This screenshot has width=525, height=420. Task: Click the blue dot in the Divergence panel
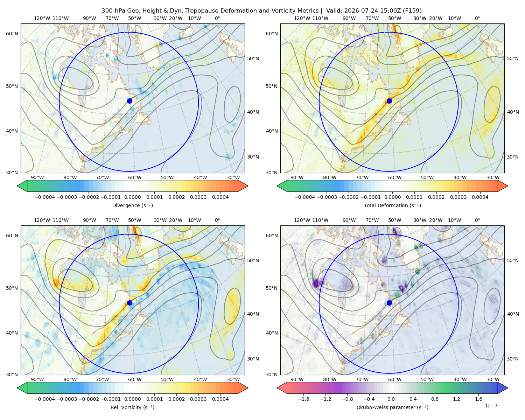129,101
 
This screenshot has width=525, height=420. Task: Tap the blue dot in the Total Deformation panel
389,101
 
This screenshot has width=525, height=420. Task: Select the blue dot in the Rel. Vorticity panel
129,303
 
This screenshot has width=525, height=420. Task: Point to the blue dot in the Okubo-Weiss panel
389,303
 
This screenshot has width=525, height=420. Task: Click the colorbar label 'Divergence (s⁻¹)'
132,205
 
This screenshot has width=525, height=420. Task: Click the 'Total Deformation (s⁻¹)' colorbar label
392,205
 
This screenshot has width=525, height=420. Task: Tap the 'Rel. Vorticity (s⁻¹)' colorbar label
132,407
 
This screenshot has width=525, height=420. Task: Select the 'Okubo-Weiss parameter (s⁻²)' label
392,407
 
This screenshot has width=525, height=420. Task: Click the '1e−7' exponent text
491,406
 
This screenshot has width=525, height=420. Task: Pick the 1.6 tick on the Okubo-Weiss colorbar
478,399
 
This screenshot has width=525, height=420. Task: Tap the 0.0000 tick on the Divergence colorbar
132,197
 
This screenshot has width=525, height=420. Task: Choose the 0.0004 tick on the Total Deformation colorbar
480,197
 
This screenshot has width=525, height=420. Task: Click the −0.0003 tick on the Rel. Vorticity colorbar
66,399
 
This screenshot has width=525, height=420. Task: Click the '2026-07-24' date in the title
359,11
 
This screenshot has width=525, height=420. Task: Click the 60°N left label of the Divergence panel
12,34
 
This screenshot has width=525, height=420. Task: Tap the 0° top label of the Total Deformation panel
477,18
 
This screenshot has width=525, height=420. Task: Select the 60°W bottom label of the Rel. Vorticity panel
135,379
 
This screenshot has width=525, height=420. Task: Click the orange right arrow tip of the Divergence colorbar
248,186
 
